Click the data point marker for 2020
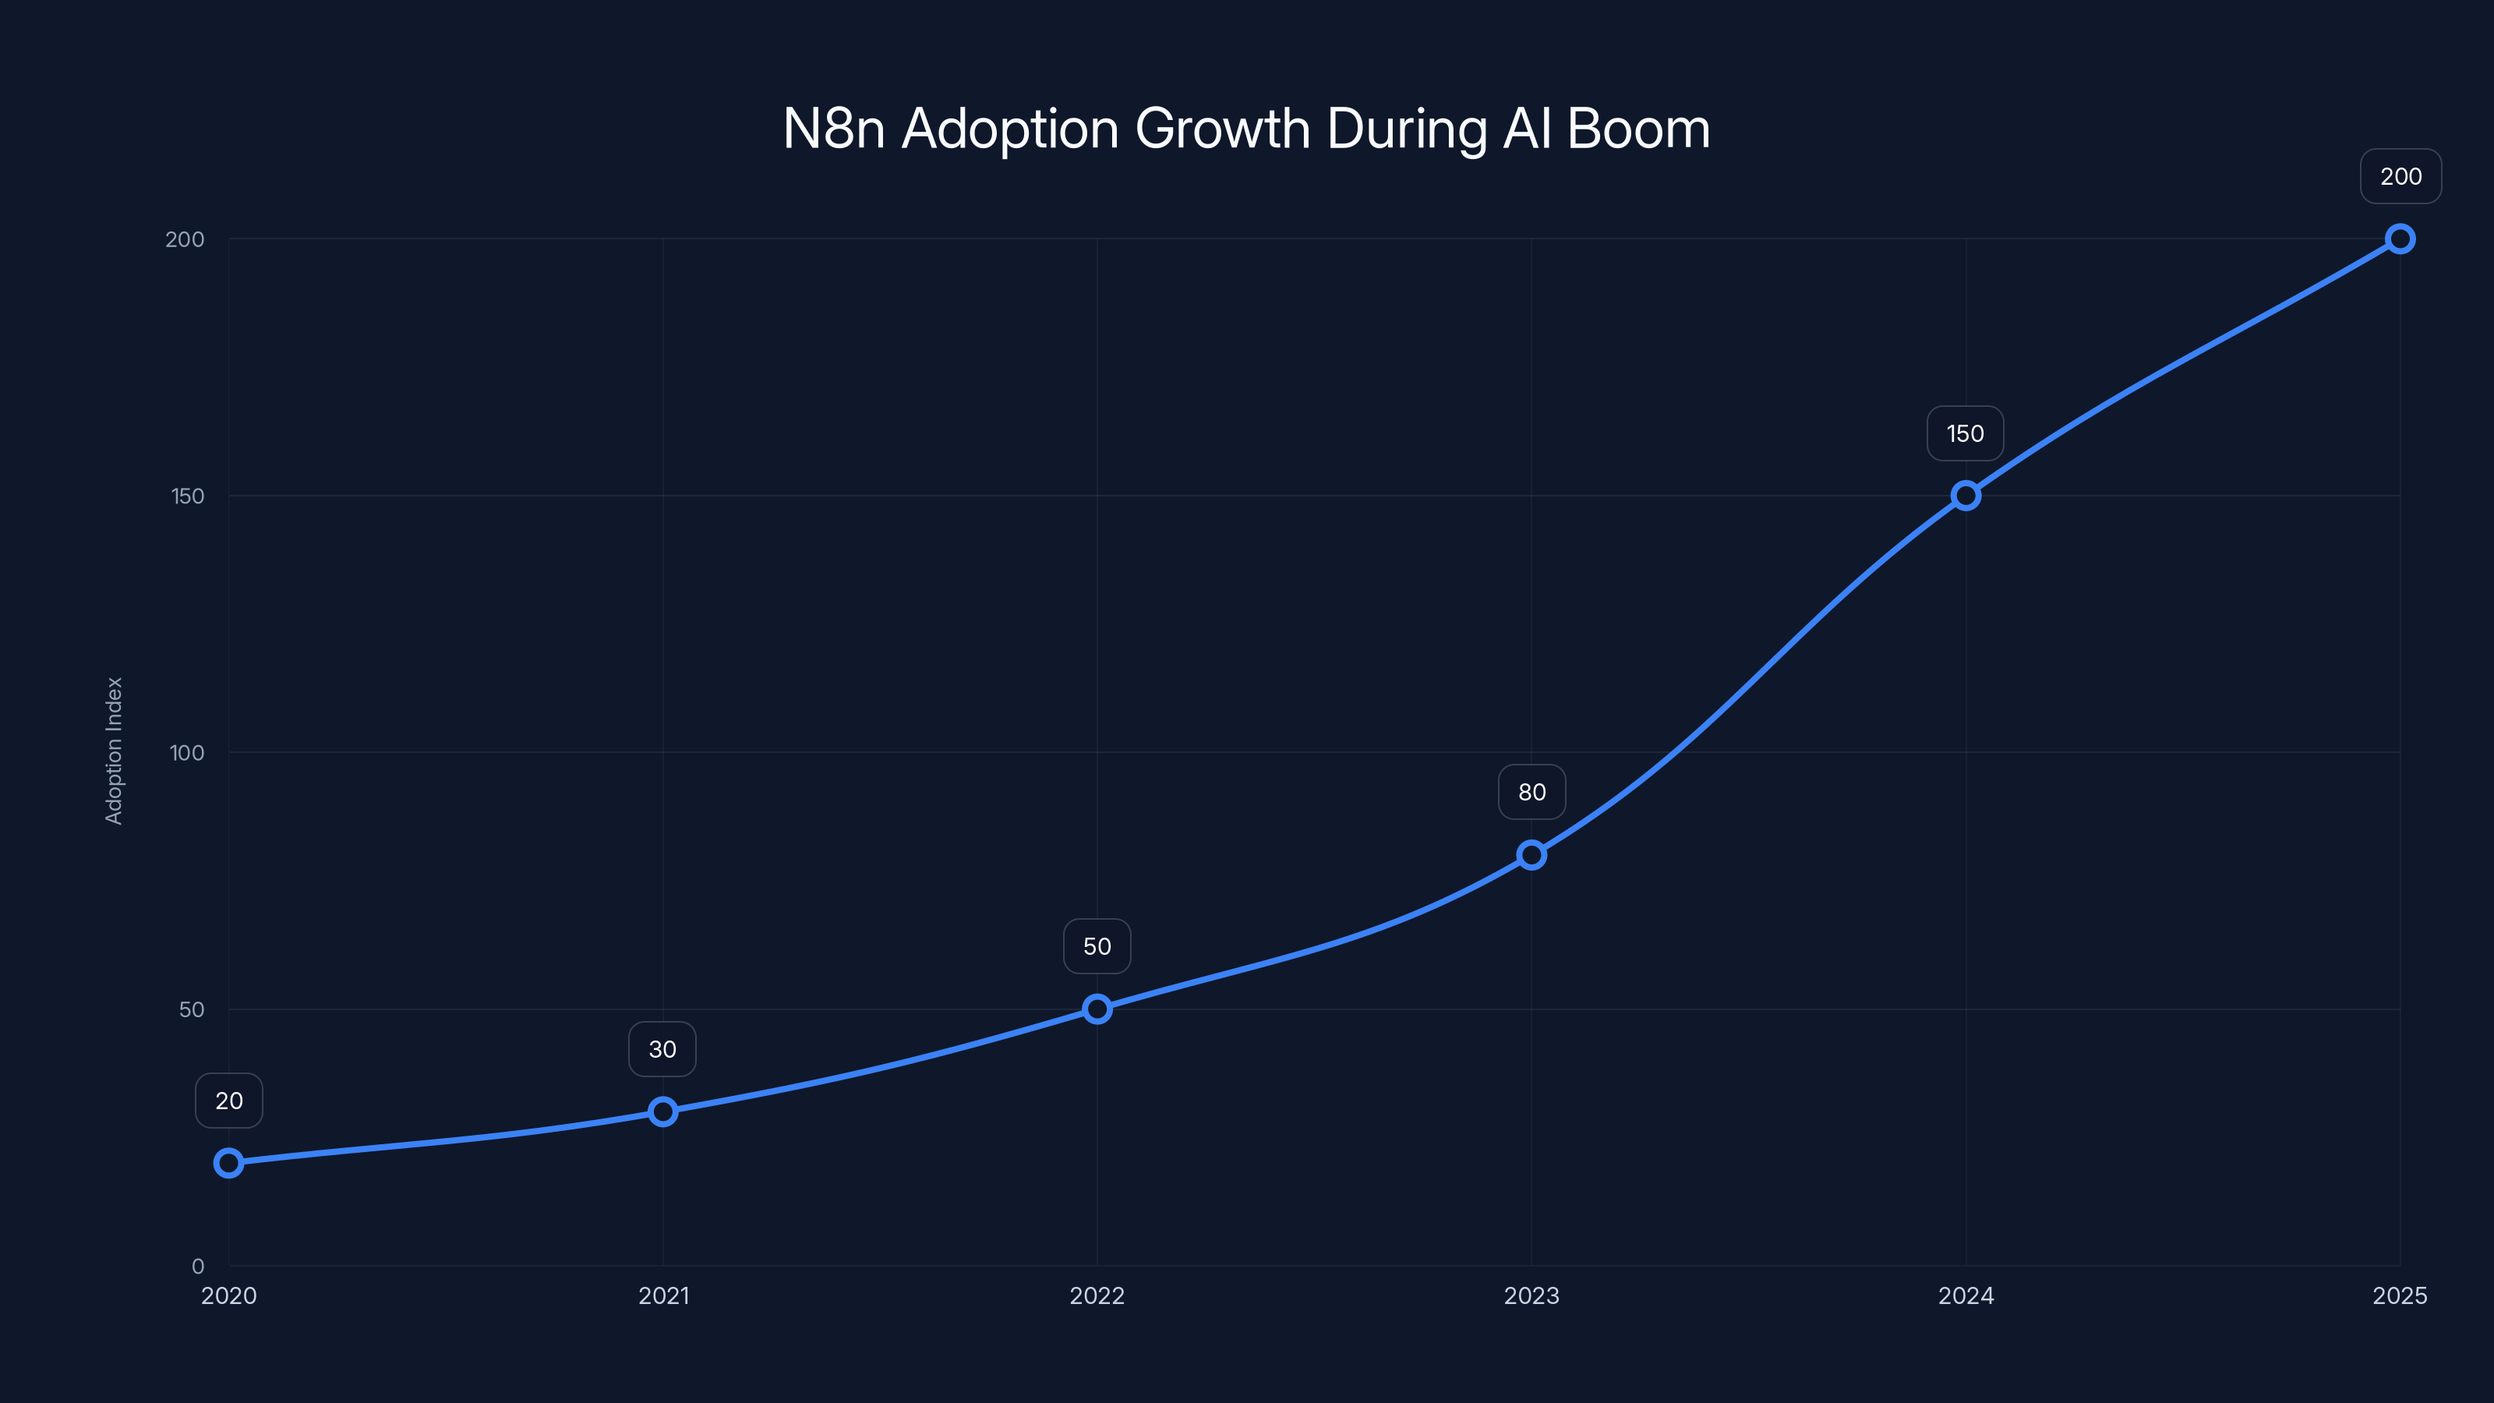click(x=228, y=1162)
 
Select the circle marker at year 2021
click(x=662, y=1111)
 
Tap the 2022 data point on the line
click(x=1097, y=1009)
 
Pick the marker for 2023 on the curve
click(x=1531, y=854)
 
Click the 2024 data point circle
click(x=1966, y=496)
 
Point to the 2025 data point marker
click(x=2400, y=239)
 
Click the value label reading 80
click(x=1531, y=792)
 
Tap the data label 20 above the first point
click(x=228, y=1100)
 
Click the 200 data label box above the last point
click(x=2400, y=176)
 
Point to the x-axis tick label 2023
click(x=1531, y=1295)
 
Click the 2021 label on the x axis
click(x=663, y=1295)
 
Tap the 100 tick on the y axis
click(x=187, y=752)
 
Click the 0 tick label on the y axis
click(x=197, y=1266)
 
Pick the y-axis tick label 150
click(x=188, y=496)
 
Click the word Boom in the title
click(x=1638, y=129)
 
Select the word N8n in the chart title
click(x=834, y=129)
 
